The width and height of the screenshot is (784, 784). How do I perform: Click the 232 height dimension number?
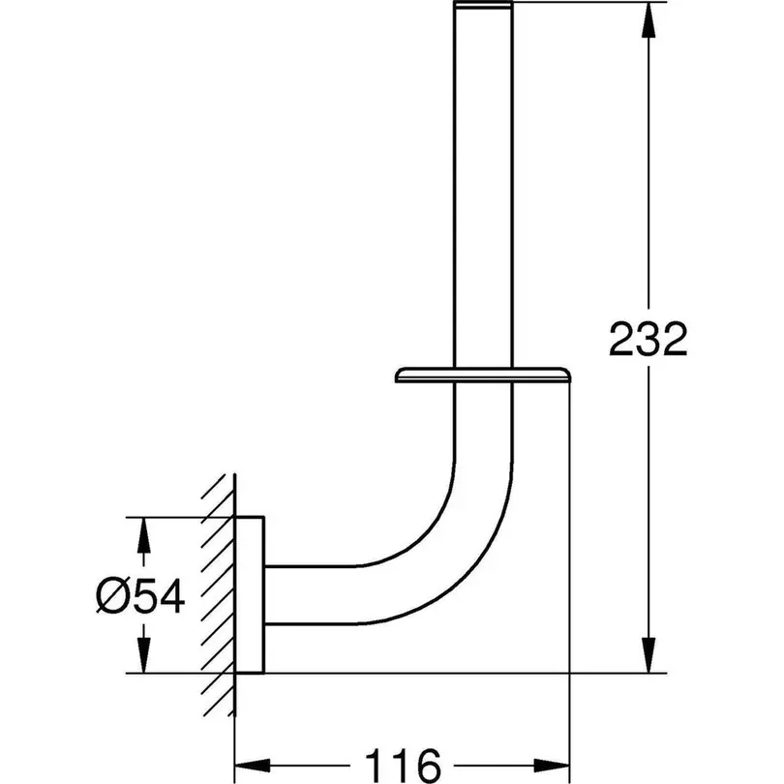click(648, 339)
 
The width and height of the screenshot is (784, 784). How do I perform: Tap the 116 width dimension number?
click(403, 766)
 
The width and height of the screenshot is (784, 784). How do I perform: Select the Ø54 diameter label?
click(140, 596)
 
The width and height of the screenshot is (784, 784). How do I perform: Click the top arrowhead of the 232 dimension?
click(648, 20)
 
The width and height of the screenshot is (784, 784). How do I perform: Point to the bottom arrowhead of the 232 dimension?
click(648, 655)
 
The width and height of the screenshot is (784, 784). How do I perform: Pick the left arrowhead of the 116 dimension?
click(253, 766)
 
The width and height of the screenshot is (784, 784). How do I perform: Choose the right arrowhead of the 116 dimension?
click(552, 766)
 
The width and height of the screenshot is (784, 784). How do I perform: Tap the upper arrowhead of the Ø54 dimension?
click(144, 535)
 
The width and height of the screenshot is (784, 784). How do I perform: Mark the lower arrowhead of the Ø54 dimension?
click(144, 655)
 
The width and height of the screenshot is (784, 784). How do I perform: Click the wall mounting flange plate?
click(250, 594)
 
